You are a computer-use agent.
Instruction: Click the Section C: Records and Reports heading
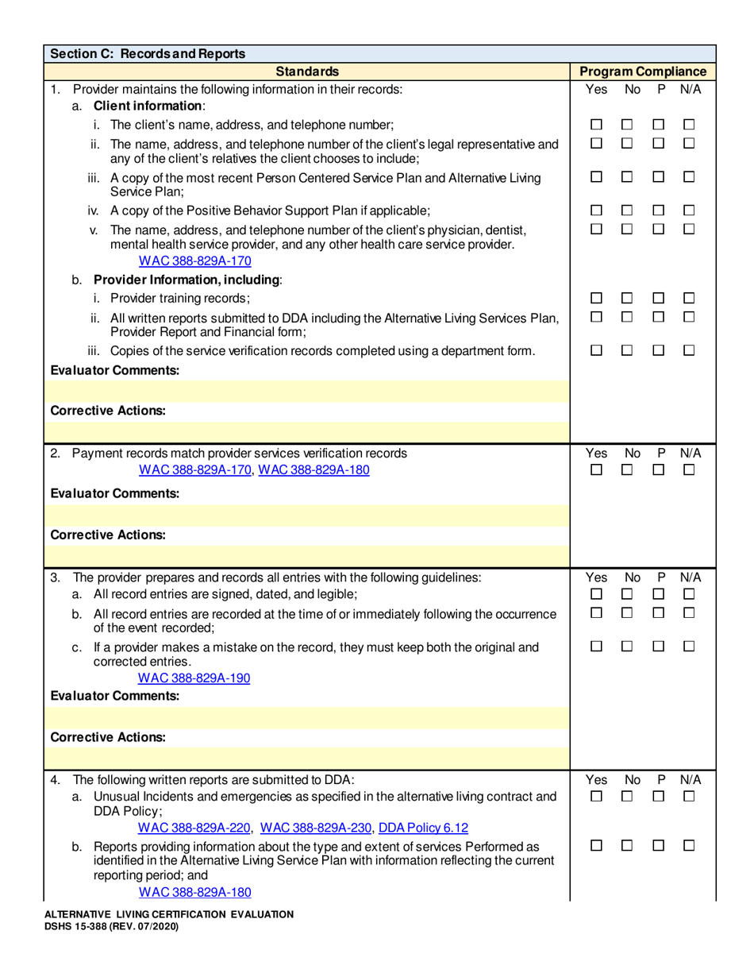147,54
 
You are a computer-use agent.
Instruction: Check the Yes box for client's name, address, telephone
596,125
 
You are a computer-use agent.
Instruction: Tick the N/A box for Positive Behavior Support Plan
689,210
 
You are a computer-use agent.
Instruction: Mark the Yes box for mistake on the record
596,648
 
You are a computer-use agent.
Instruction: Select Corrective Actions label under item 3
108,736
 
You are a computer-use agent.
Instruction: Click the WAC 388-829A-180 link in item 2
314,469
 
